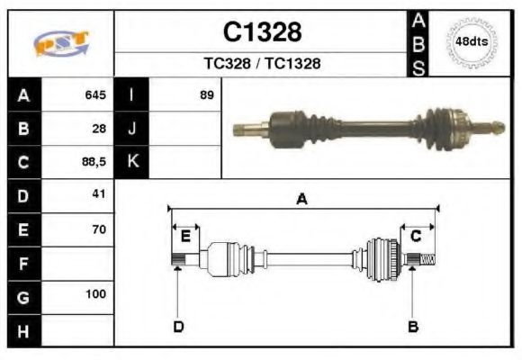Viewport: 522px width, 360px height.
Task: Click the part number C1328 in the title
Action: [262, 33]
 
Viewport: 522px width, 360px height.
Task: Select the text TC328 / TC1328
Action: [262, 64]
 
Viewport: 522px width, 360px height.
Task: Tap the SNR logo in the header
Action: [60, 44]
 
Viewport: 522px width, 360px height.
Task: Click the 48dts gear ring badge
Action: [472, 42]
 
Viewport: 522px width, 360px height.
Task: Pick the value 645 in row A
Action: [95, 94]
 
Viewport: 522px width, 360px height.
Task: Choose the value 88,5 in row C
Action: [93, 162]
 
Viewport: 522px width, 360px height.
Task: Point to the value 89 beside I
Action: [207, 94]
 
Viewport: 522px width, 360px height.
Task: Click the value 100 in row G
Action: [96, 294]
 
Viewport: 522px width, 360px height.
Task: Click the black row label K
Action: [132, 162]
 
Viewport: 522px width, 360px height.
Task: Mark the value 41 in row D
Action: [99, 194]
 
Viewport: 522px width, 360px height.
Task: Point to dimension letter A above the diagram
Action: [301, 199]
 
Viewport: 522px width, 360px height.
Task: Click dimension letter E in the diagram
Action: [185, 237]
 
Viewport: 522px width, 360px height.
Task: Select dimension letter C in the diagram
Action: [416, 236]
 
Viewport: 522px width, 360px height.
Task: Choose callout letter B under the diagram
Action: [413, 326]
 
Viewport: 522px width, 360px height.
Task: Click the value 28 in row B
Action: [99, 129]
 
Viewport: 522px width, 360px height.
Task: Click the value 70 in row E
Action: [99, 229]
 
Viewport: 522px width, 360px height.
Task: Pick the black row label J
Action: [132, 129]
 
